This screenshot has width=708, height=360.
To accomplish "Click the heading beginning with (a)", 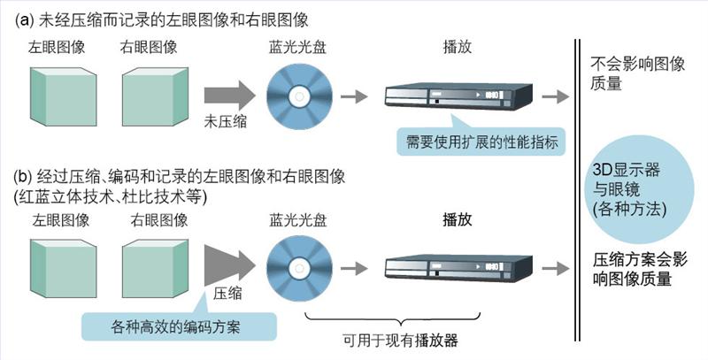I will [x=164, y=19].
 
